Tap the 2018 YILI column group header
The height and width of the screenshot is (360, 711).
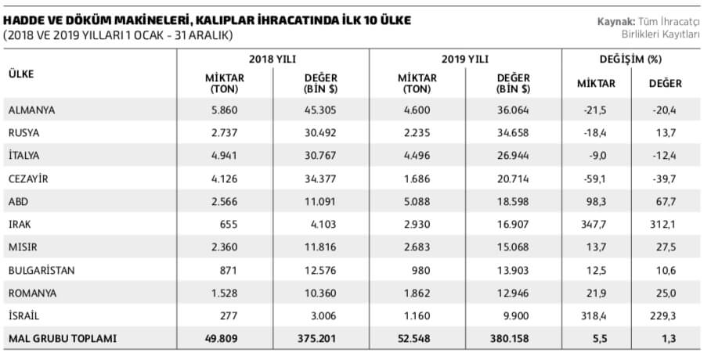[272, 59]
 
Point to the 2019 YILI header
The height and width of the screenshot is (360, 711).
[465, 59]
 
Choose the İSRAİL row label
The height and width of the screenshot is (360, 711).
[24, 315]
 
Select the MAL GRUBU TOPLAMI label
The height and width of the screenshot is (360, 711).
[62, 339]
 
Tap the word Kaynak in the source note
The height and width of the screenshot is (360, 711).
[613, 21]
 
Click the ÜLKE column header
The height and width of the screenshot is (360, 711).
[20, 74]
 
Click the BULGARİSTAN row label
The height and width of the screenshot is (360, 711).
[41, 269]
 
